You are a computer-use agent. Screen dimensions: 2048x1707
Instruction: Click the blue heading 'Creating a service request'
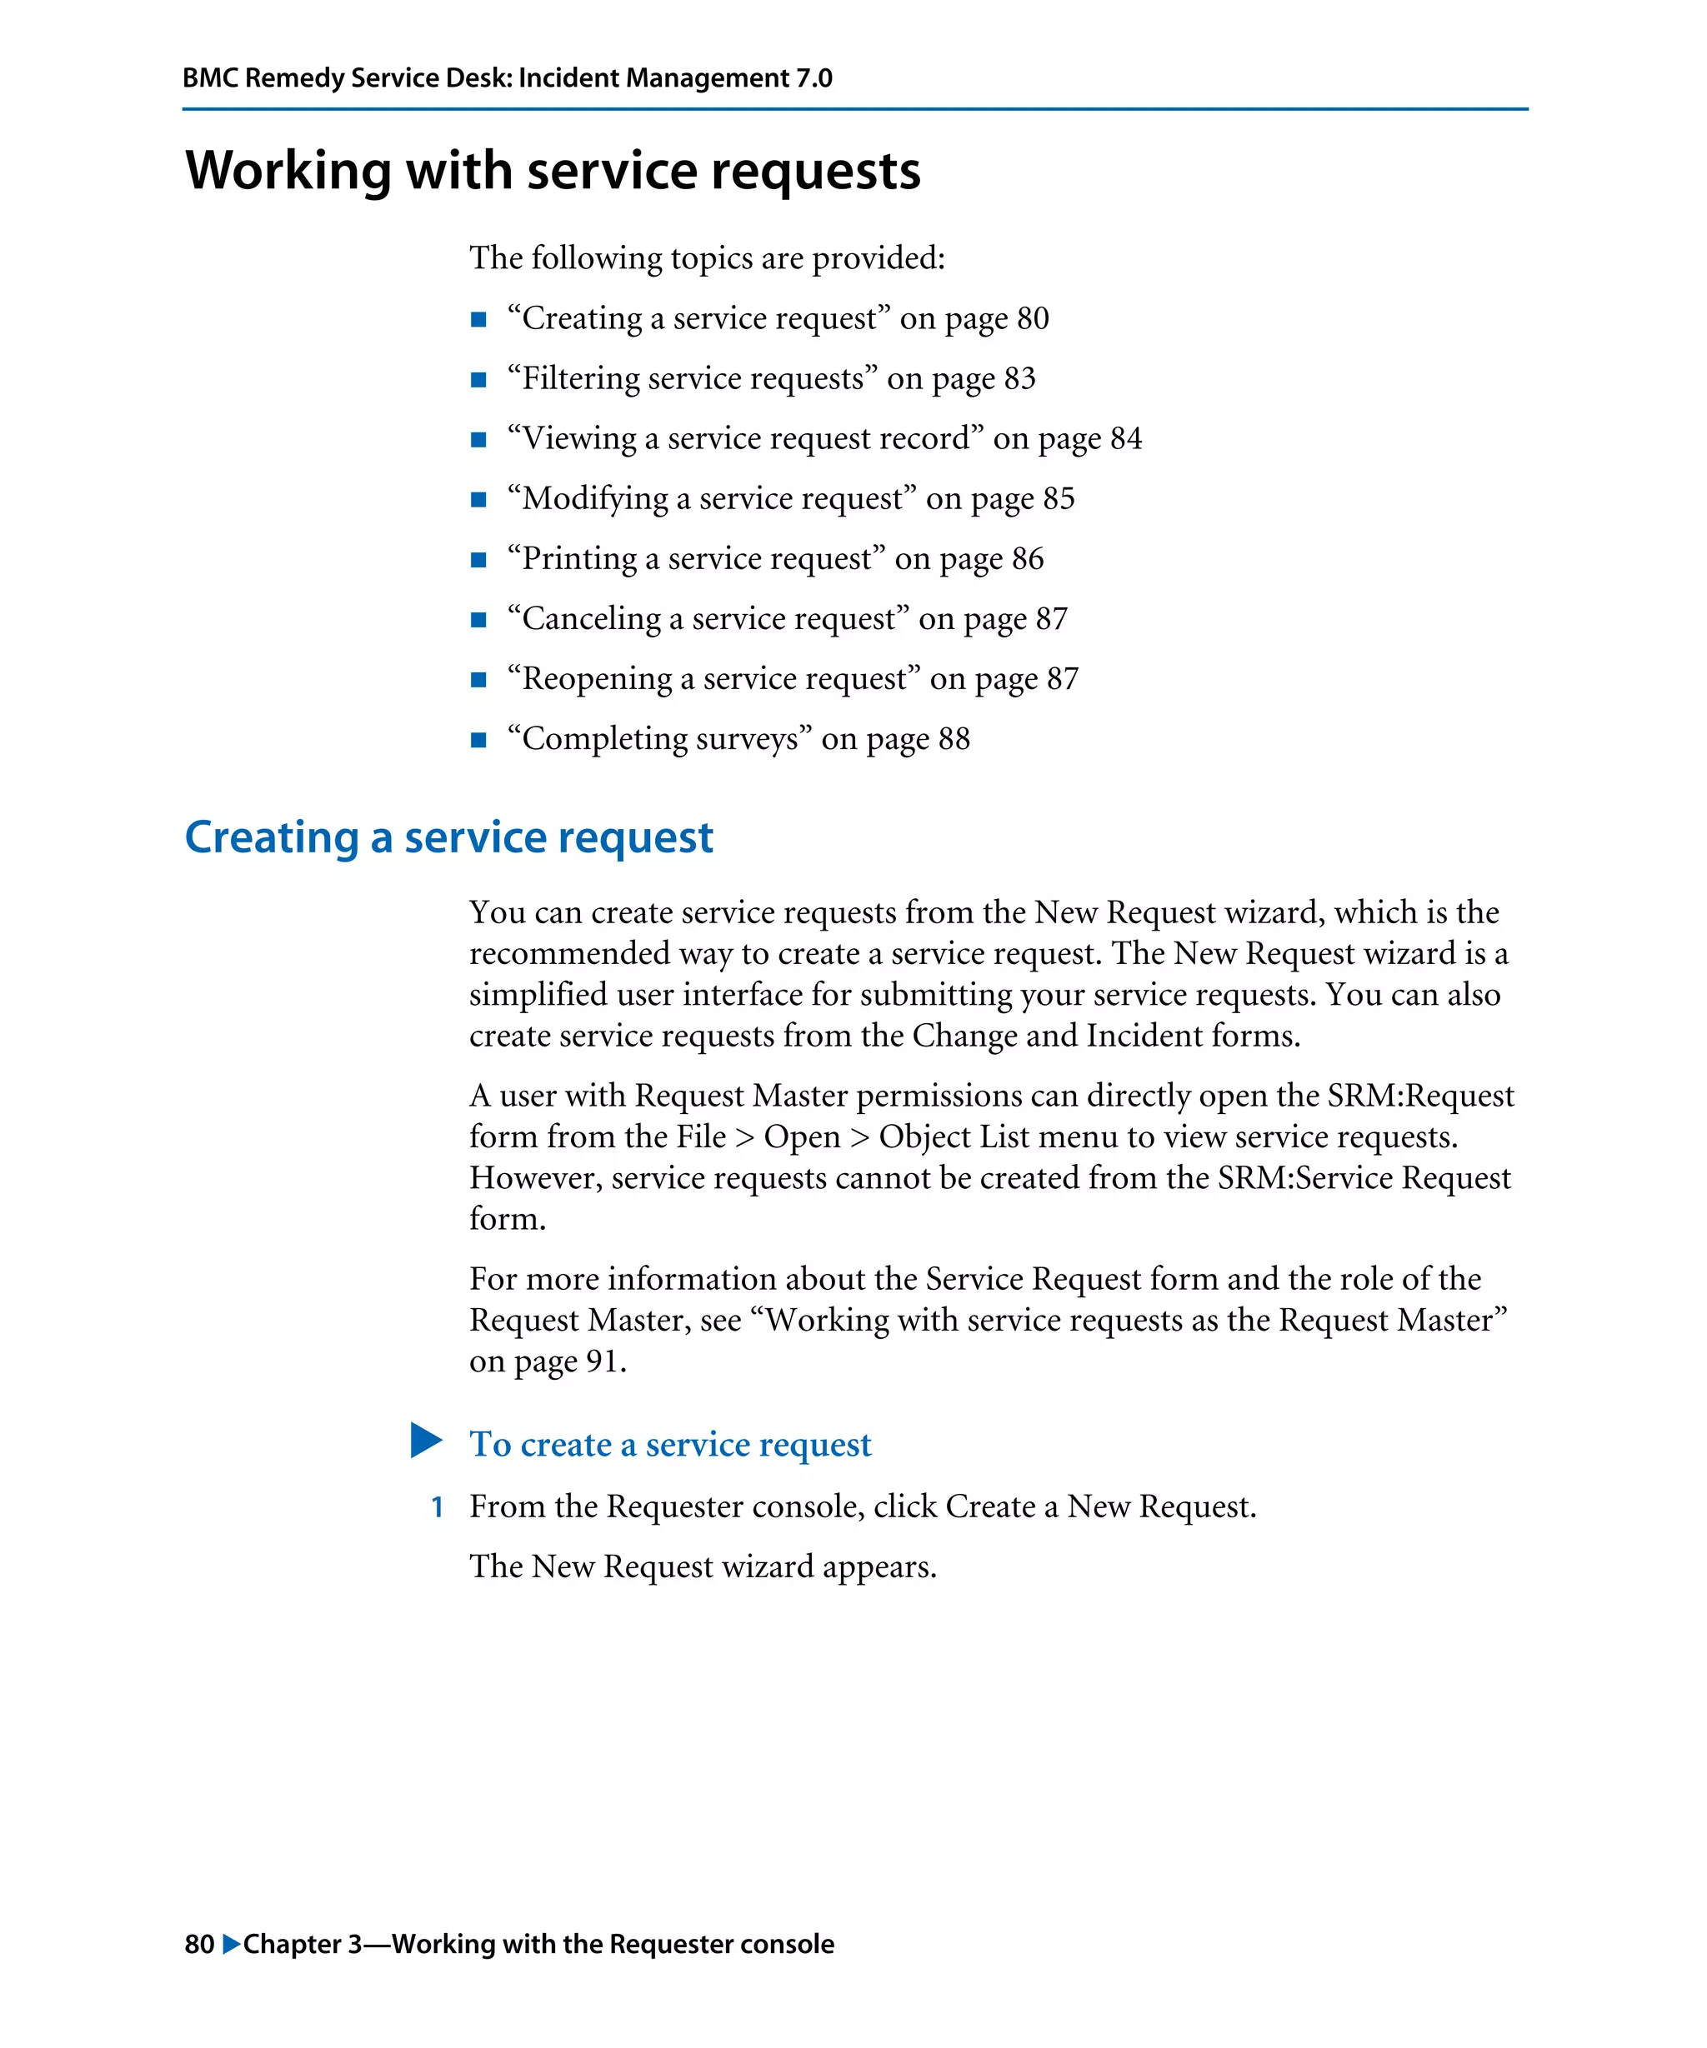(x=448, y=837)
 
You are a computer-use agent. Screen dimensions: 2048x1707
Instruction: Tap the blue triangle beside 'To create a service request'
(x=426, y=1441)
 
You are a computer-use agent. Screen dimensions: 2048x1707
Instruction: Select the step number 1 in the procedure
(x=438, y=1508)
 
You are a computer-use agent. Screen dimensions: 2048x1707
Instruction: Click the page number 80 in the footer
(x=199, y=1944)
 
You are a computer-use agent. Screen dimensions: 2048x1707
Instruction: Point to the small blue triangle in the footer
(x=231, y=1944)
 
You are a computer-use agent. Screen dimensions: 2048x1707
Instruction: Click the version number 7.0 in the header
(x=813, y=78)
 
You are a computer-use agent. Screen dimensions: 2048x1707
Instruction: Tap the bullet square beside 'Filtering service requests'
(x=478, y=379)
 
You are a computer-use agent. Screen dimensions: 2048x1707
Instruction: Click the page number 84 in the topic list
(x=1126, y=439)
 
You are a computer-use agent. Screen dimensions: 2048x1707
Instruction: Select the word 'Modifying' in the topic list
(x=595, y=499)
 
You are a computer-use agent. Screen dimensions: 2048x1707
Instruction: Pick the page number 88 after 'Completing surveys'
(x=954, y=739)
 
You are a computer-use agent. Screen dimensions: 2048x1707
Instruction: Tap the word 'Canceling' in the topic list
(x=591, y=619)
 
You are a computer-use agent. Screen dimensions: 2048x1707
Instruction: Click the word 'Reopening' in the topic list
(x=597, y=679)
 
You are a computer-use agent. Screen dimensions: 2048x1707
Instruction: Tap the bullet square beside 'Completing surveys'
(x=478, y=740)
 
